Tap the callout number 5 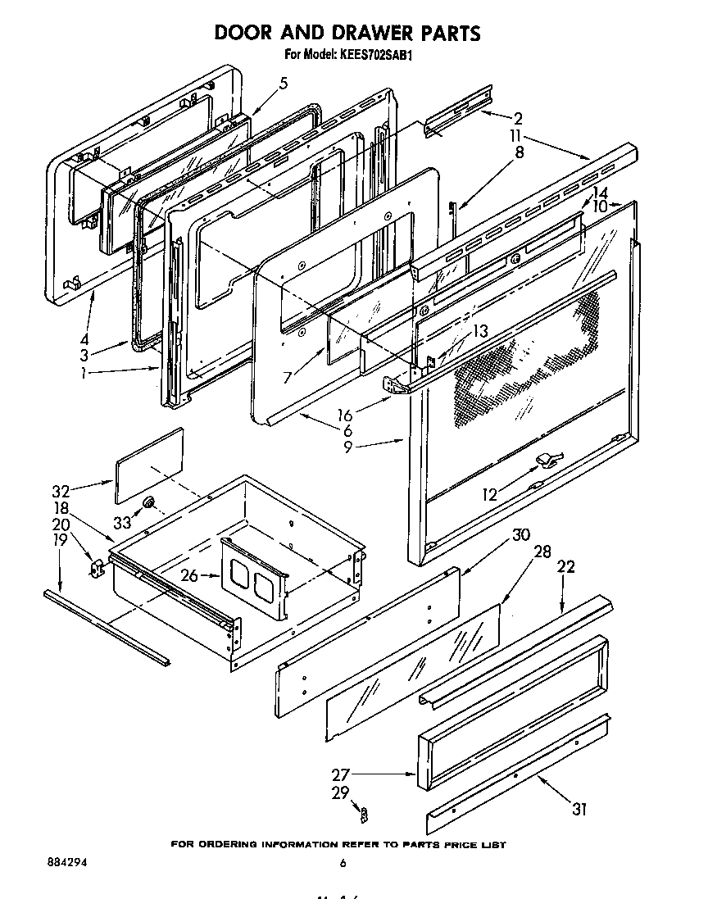pyautogui.click(x=284, y=83)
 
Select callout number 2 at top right pyautogui.click(x=518, y=117)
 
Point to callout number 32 pyautogui.click(x=61, y=492)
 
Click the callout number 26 pyautogui.click(x=189, y=576)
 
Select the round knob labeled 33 pyautogui.click(x=148, y=502)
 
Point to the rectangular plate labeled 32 pyautogui.click(x=149, y=465)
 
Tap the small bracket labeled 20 pyautogui.click(x=97, y=567)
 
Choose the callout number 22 pyautogui.click(x=566, y=566)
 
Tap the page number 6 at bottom pyautogui.click(x=342, y=863)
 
